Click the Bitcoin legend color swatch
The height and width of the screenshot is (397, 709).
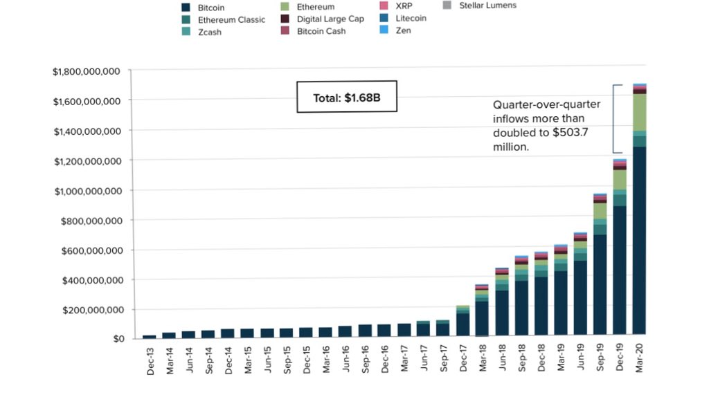(186, 8)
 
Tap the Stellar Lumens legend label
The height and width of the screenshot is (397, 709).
(487, 6)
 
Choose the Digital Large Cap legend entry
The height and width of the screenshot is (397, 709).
(330, 19)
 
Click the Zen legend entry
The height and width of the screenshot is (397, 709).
(404, 31)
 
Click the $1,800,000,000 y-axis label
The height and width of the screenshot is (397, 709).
(87, 71)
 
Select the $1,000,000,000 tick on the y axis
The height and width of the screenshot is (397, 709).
(87, 191)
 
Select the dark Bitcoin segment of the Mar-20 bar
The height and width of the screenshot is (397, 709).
(640, 242)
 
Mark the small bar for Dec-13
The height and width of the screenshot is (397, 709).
(150, 337)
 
